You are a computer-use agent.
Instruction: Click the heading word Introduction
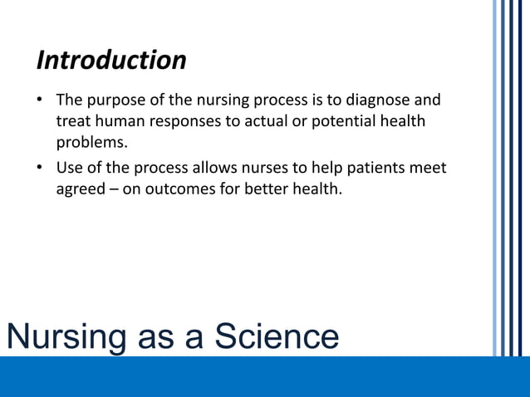tap(111, 61)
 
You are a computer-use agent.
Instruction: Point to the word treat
tap(73, 122)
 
